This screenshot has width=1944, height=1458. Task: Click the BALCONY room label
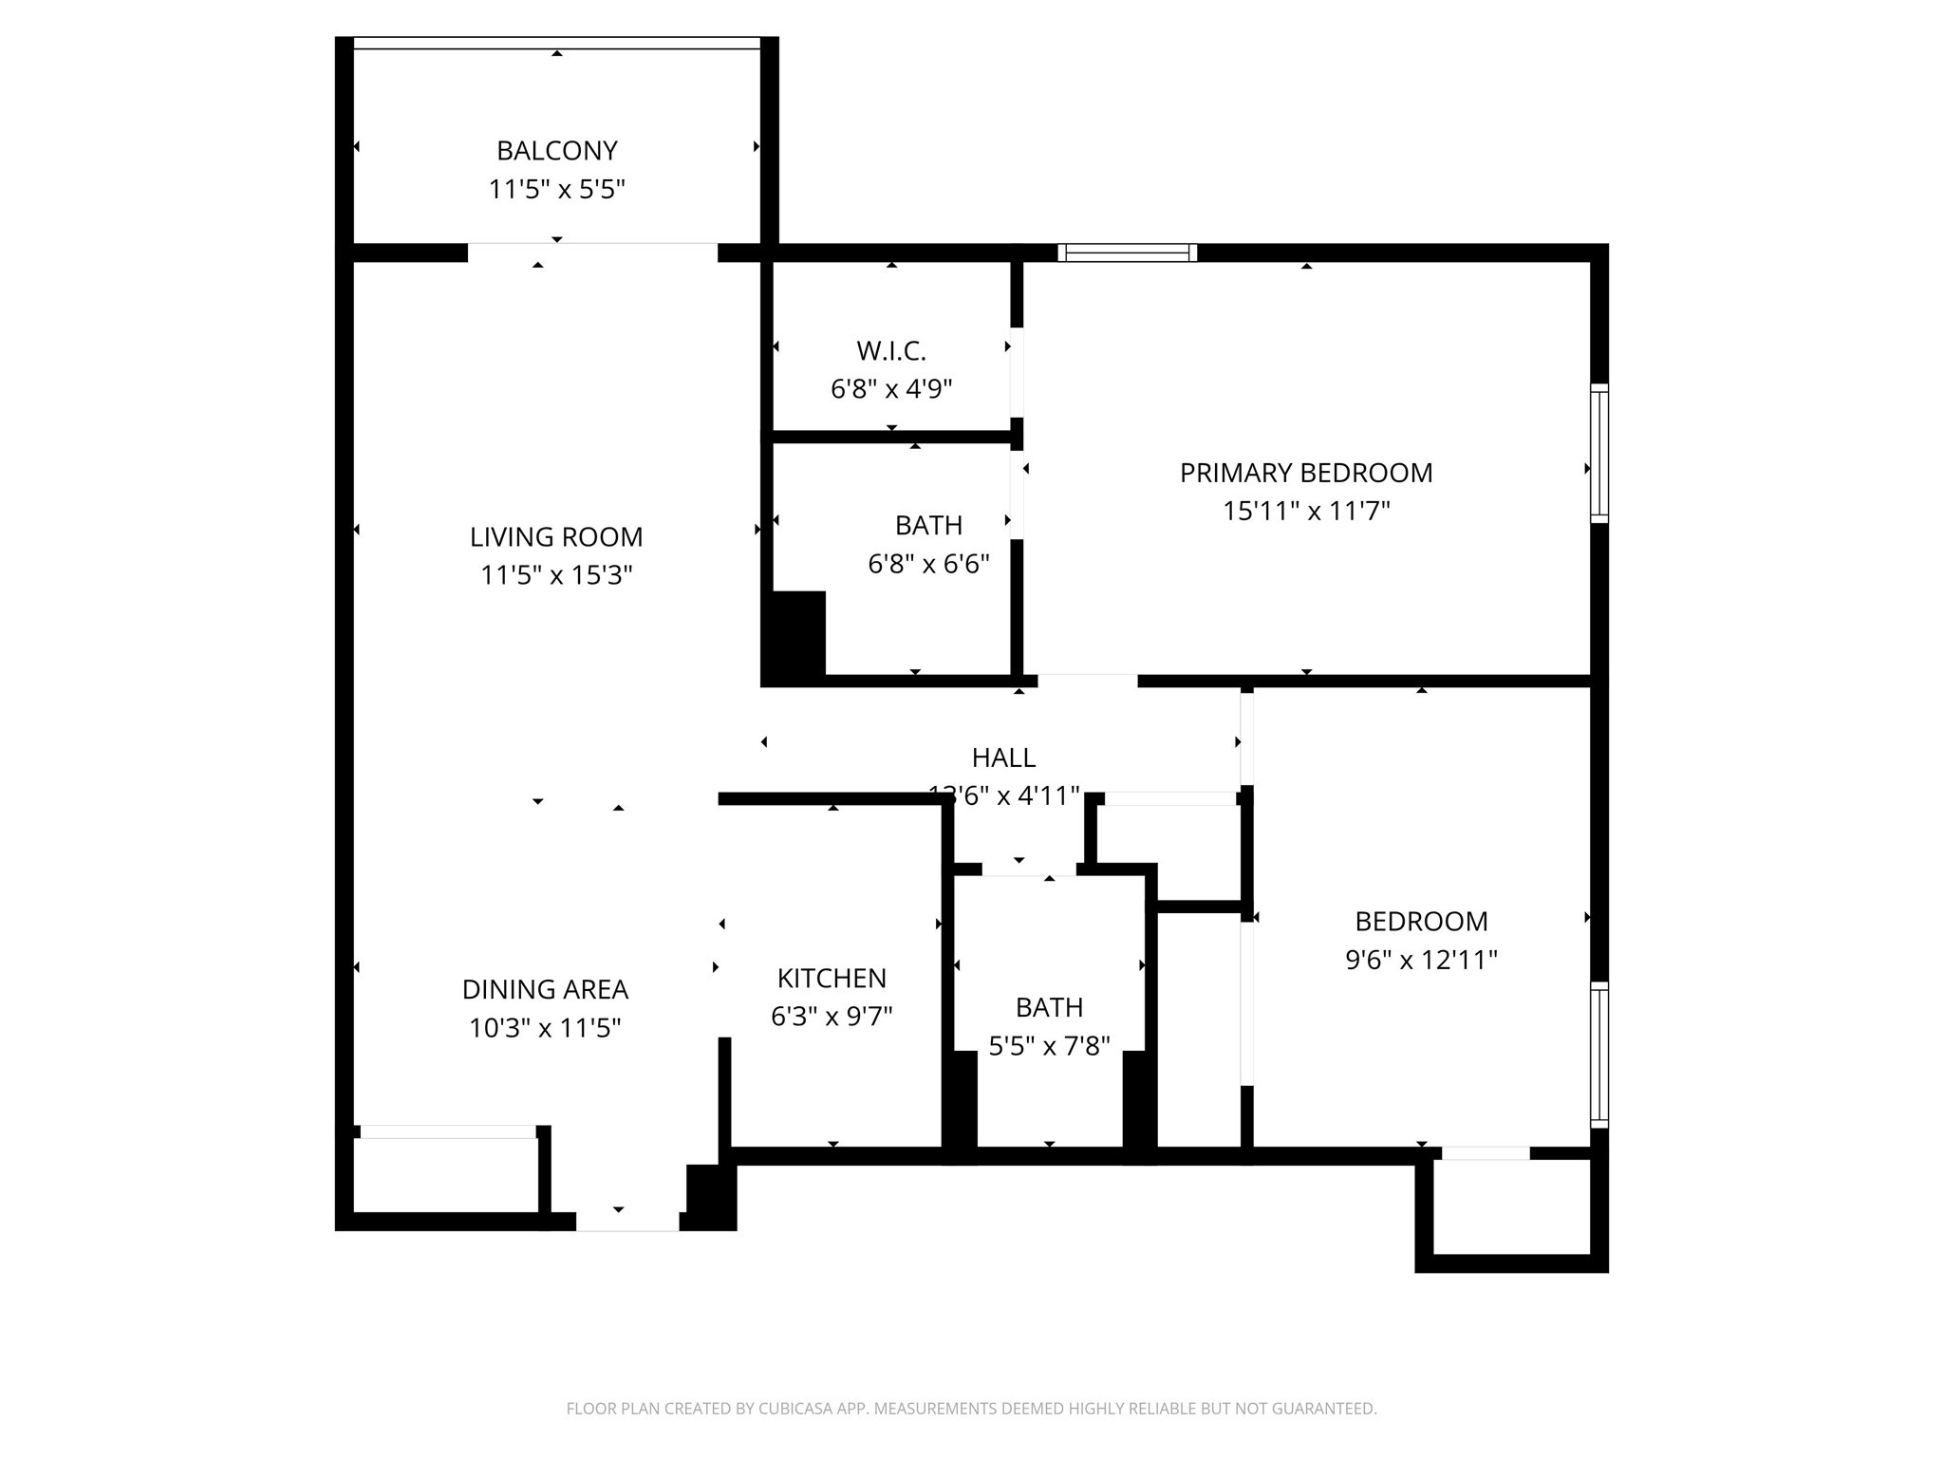point(556,151)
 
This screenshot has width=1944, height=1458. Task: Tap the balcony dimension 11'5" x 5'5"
point(556,190)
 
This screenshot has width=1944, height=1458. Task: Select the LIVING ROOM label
point(556,537)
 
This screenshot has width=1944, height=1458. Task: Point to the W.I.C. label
point(890,351)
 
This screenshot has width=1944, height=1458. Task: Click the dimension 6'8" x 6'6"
point(928,565)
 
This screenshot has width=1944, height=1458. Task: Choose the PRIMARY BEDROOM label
point(1306,473)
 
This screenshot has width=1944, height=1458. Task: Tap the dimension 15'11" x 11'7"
point(1306,512)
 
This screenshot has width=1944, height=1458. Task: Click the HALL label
point(1003,757)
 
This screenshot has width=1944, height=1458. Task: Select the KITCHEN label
point(832,979)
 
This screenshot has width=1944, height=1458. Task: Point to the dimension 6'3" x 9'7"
point(832,1018)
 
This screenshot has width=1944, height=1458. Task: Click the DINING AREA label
point(545,990)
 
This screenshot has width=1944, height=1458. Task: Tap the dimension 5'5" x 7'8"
point(1049,1046)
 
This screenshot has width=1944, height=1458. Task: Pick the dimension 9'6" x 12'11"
point(1421,960)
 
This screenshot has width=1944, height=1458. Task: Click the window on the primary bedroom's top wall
point(1127,252)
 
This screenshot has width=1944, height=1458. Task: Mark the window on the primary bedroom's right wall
point(1599,454)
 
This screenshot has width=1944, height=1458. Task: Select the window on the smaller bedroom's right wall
point(1599,1055)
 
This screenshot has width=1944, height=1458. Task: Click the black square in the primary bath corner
point(797,634)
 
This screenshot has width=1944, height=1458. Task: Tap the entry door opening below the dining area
point(627,1222)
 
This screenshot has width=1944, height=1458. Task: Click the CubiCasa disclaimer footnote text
point(971,1409)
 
